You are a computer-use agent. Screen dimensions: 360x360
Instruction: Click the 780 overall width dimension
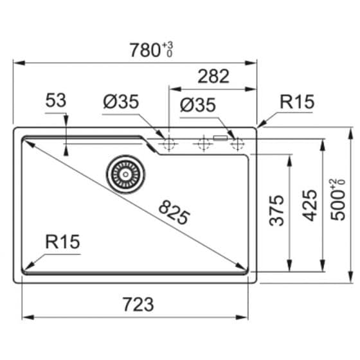coord(145,50)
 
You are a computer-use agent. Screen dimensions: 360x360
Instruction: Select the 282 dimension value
coord(213,76)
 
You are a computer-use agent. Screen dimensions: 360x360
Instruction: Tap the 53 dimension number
coord(57,100)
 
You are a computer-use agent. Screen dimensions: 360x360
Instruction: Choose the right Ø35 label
coord(197,105)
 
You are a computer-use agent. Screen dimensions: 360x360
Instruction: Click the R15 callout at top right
coord(296,102)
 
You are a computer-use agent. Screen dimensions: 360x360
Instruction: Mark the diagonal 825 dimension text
coord(173,213)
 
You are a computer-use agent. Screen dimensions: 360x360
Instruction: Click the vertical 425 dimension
coord(310,205)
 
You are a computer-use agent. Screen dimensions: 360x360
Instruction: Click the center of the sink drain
coord(123,174)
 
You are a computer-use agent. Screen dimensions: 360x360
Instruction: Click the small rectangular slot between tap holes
coord(221,136)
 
